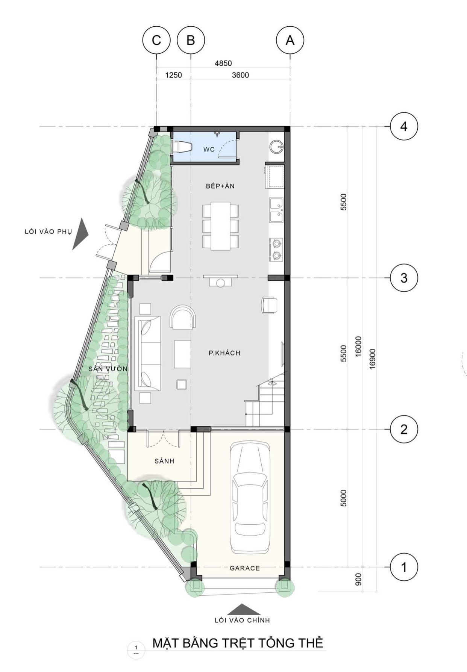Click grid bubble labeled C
click(156, 40)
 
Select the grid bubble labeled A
click(290, 40)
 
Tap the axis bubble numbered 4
click(404, 126)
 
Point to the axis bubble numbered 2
click(404, 429)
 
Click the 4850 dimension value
click(223, 63)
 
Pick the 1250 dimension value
click(173, 75)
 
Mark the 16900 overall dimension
click(372, 359)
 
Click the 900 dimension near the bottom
click(358, 579)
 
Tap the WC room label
click(209, 149)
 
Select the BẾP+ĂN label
click(220, 186)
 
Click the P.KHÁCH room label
click(224, 353)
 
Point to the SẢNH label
click(164, 461)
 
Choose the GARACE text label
click(245, 568)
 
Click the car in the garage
click(250, 498)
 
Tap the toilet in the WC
click(182, 146)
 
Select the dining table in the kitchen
click(221, 226)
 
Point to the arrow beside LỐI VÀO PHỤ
click(80, 234)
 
